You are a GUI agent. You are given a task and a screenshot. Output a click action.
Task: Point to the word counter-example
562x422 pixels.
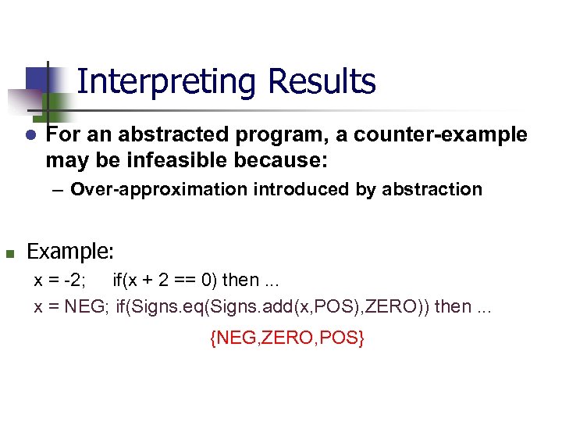(440, 135)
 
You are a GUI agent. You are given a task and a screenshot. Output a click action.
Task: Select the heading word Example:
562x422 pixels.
(70, 252)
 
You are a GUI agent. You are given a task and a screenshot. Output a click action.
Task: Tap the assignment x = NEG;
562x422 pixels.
(72, 306)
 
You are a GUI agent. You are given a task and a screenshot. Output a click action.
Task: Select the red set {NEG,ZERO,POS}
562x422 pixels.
(286, 338)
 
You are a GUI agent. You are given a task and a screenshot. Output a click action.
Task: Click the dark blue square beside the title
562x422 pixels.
(37, 79)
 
